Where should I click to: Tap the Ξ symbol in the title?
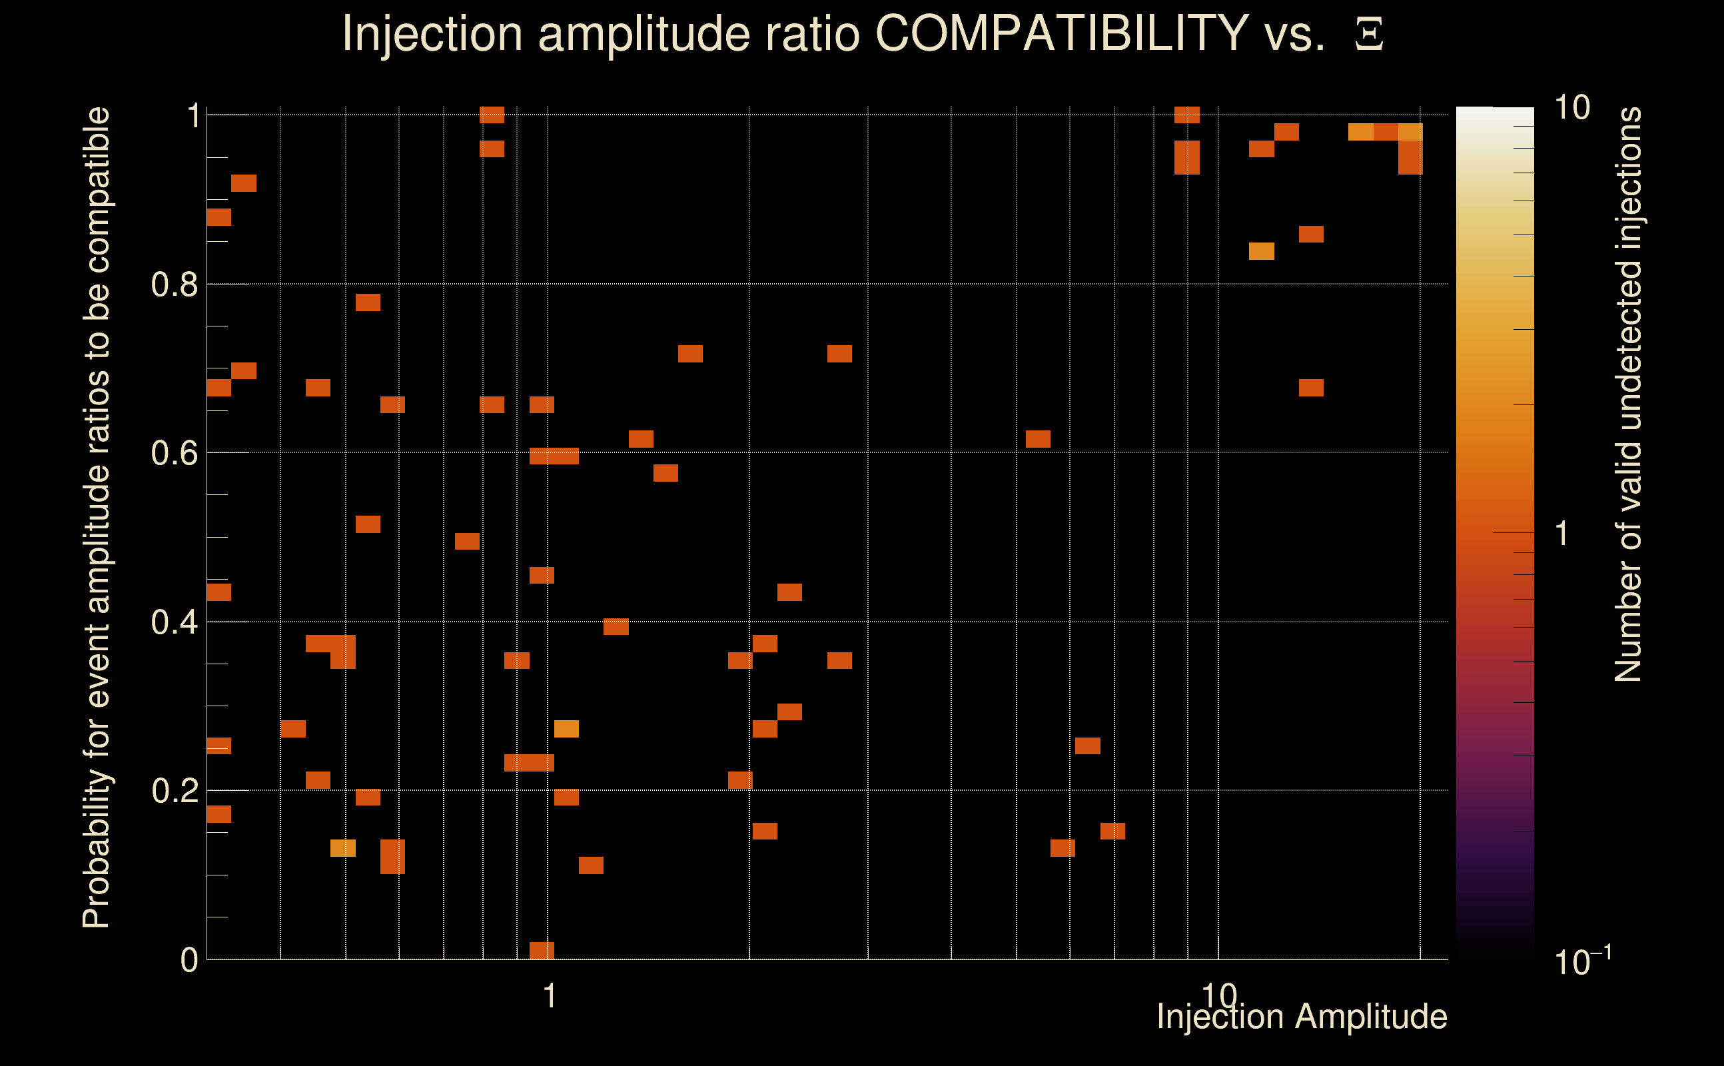click(1369, 35)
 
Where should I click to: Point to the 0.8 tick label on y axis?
click(174, 285)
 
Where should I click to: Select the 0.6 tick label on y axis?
click(174, 453)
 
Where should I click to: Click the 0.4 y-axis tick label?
click(174, 622)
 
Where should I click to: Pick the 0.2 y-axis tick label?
click(174, 791)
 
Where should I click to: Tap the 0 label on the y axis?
click(189, 960)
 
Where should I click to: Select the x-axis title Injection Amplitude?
click(1302, 1017)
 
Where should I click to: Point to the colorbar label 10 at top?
click(1571, 108)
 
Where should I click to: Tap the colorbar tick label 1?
click(1562, 534)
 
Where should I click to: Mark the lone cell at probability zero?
click(542, 950)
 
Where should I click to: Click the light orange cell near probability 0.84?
click(1261, 251)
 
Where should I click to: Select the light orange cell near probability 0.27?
click(566, 729)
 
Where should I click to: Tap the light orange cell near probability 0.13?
click(342, 848)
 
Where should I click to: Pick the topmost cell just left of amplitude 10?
click(1187, 115)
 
